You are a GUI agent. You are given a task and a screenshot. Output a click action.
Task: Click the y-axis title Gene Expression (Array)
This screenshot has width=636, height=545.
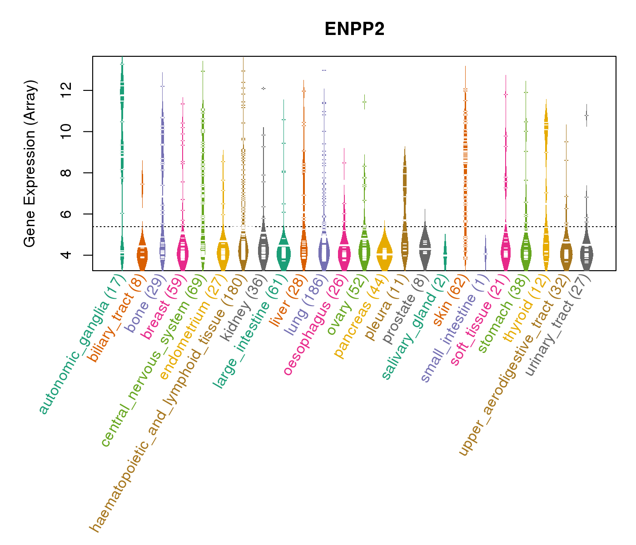[30, 163]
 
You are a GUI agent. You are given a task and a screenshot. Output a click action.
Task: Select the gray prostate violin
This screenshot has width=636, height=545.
[425, 248]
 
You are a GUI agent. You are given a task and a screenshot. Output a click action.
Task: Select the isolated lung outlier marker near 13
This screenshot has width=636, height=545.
[324, 70]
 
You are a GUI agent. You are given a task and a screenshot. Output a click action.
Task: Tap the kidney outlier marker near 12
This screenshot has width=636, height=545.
[263, 88]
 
